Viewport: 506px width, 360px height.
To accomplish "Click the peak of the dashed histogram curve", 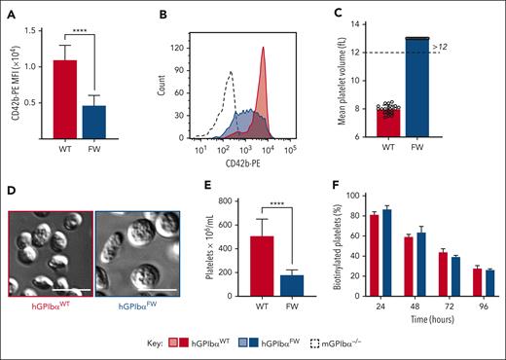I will tap(231, 73).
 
